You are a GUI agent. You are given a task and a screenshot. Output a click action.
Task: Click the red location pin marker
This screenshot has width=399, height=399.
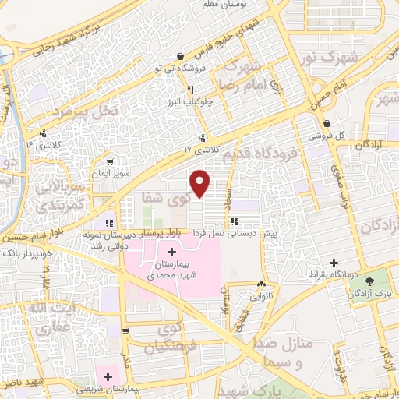click(x=200, y=182)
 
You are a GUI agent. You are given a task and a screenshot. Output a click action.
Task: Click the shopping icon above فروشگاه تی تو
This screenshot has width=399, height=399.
click(x=181, y=56)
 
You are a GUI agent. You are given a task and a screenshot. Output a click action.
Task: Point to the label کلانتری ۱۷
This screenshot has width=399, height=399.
click(x=198, y=147)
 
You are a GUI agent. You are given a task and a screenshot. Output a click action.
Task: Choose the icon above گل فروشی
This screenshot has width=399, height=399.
click(x=328, y=123)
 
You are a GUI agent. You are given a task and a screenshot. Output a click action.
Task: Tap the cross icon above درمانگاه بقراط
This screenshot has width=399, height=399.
click(x=334, y=263)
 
